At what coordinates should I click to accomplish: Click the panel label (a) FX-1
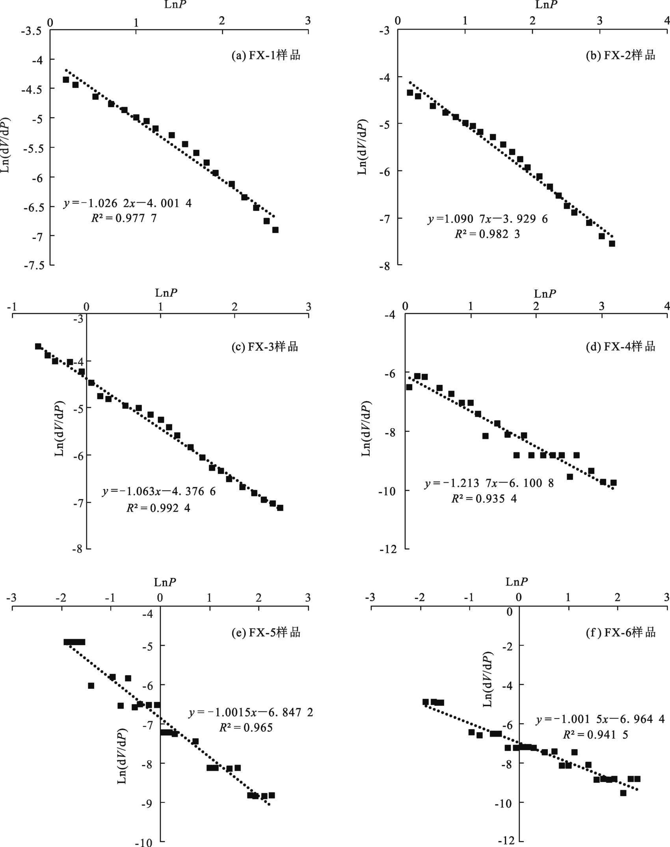coord(266,55)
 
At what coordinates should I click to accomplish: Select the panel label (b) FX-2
coord(621,55)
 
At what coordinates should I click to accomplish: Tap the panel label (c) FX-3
coord(265,347)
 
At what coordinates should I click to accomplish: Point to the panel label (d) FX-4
coord(621,347)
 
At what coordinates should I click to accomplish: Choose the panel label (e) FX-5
coord(266,632)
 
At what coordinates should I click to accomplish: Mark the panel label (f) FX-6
coord(621,632)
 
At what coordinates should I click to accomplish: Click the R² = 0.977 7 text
coord(124,218)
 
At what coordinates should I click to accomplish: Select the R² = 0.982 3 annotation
coord(487,234)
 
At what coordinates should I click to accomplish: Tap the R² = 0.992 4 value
coord(158,508)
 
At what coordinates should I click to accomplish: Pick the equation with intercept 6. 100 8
coord(489,483)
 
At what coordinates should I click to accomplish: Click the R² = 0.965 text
coord(246,728)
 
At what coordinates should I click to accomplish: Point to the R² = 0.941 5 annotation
coord(595,734)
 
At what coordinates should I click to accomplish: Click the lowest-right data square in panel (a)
coord(275,230)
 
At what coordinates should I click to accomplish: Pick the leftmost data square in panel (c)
coord(38,346)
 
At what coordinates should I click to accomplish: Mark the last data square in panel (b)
coord(612,244)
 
